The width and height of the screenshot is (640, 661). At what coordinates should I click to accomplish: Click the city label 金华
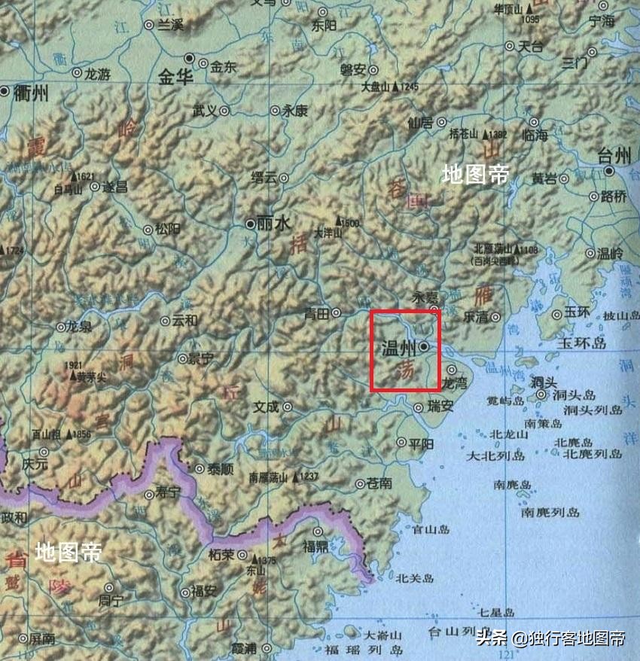click(x=176, y=77)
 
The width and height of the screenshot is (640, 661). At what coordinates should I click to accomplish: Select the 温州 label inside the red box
click(x=399, y=348)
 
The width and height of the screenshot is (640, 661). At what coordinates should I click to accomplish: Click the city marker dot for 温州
click(x=424, y=346)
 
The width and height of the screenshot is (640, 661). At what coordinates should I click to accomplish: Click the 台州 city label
click(x=614, y=156)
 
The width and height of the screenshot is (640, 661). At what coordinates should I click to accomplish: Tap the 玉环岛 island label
click(x=581, y=343)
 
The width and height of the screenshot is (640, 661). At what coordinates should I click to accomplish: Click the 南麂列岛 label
click(x=550, y=512)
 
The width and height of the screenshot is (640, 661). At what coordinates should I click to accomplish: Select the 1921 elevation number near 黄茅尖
click(x=74, y=366)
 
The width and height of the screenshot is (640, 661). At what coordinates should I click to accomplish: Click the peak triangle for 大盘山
click(x=395, y=87)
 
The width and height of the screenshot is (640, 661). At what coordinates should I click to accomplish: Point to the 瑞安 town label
click(x=440, y=407)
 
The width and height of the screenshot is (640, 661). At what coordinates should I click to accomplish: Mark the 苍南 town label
click(x=379, y=483)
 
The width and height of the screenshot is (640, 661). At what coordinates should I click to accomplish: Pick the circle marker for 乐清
click(x=495, y=318)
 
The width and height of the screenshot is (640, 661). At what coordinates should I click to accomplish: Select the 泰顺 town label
click(x=220, y=468)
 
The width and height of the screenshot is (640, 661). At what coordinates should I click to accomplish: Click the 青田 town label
click(x=316, y=314)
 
